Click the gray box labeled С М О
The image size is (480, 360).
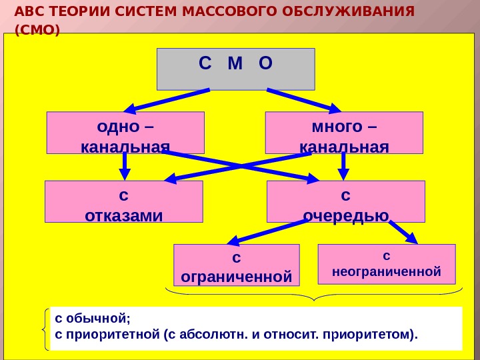coord(235,69)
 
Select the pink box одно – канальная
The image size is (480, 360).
coord(125,132)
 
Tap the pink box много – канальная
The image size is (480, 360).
coord(344,132)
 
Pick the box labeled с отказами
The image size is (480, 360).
coord(123,201)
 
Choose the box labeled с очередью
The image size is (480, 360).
coord(345,201)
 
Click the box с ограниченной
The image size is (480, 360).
coord(237,265)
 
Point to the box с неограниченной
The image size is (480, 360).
coord(387,264)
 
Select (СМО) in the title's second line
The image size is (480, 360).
coord(37,30)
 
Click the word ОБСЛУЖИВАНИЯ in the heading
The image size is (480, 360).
coord(344,12)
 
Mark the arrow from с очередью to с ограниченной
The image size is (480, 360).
coord(267,231)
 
